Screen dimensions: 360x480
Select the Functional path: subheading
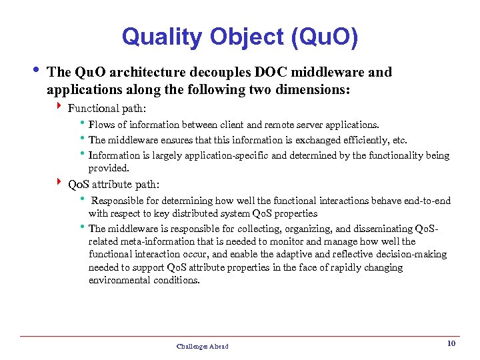click(107, 108)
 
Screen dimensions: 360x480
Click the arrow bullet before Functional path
click(60, 107)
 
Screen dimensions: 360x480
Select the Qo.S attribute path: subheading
click(114, 184)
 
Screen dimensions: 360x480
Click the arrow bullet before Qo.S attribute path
click(60, 183)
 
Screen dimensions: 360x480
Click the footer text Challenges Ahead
click(202, 346)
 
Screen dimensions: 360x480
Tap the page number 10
click(451, 343)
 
